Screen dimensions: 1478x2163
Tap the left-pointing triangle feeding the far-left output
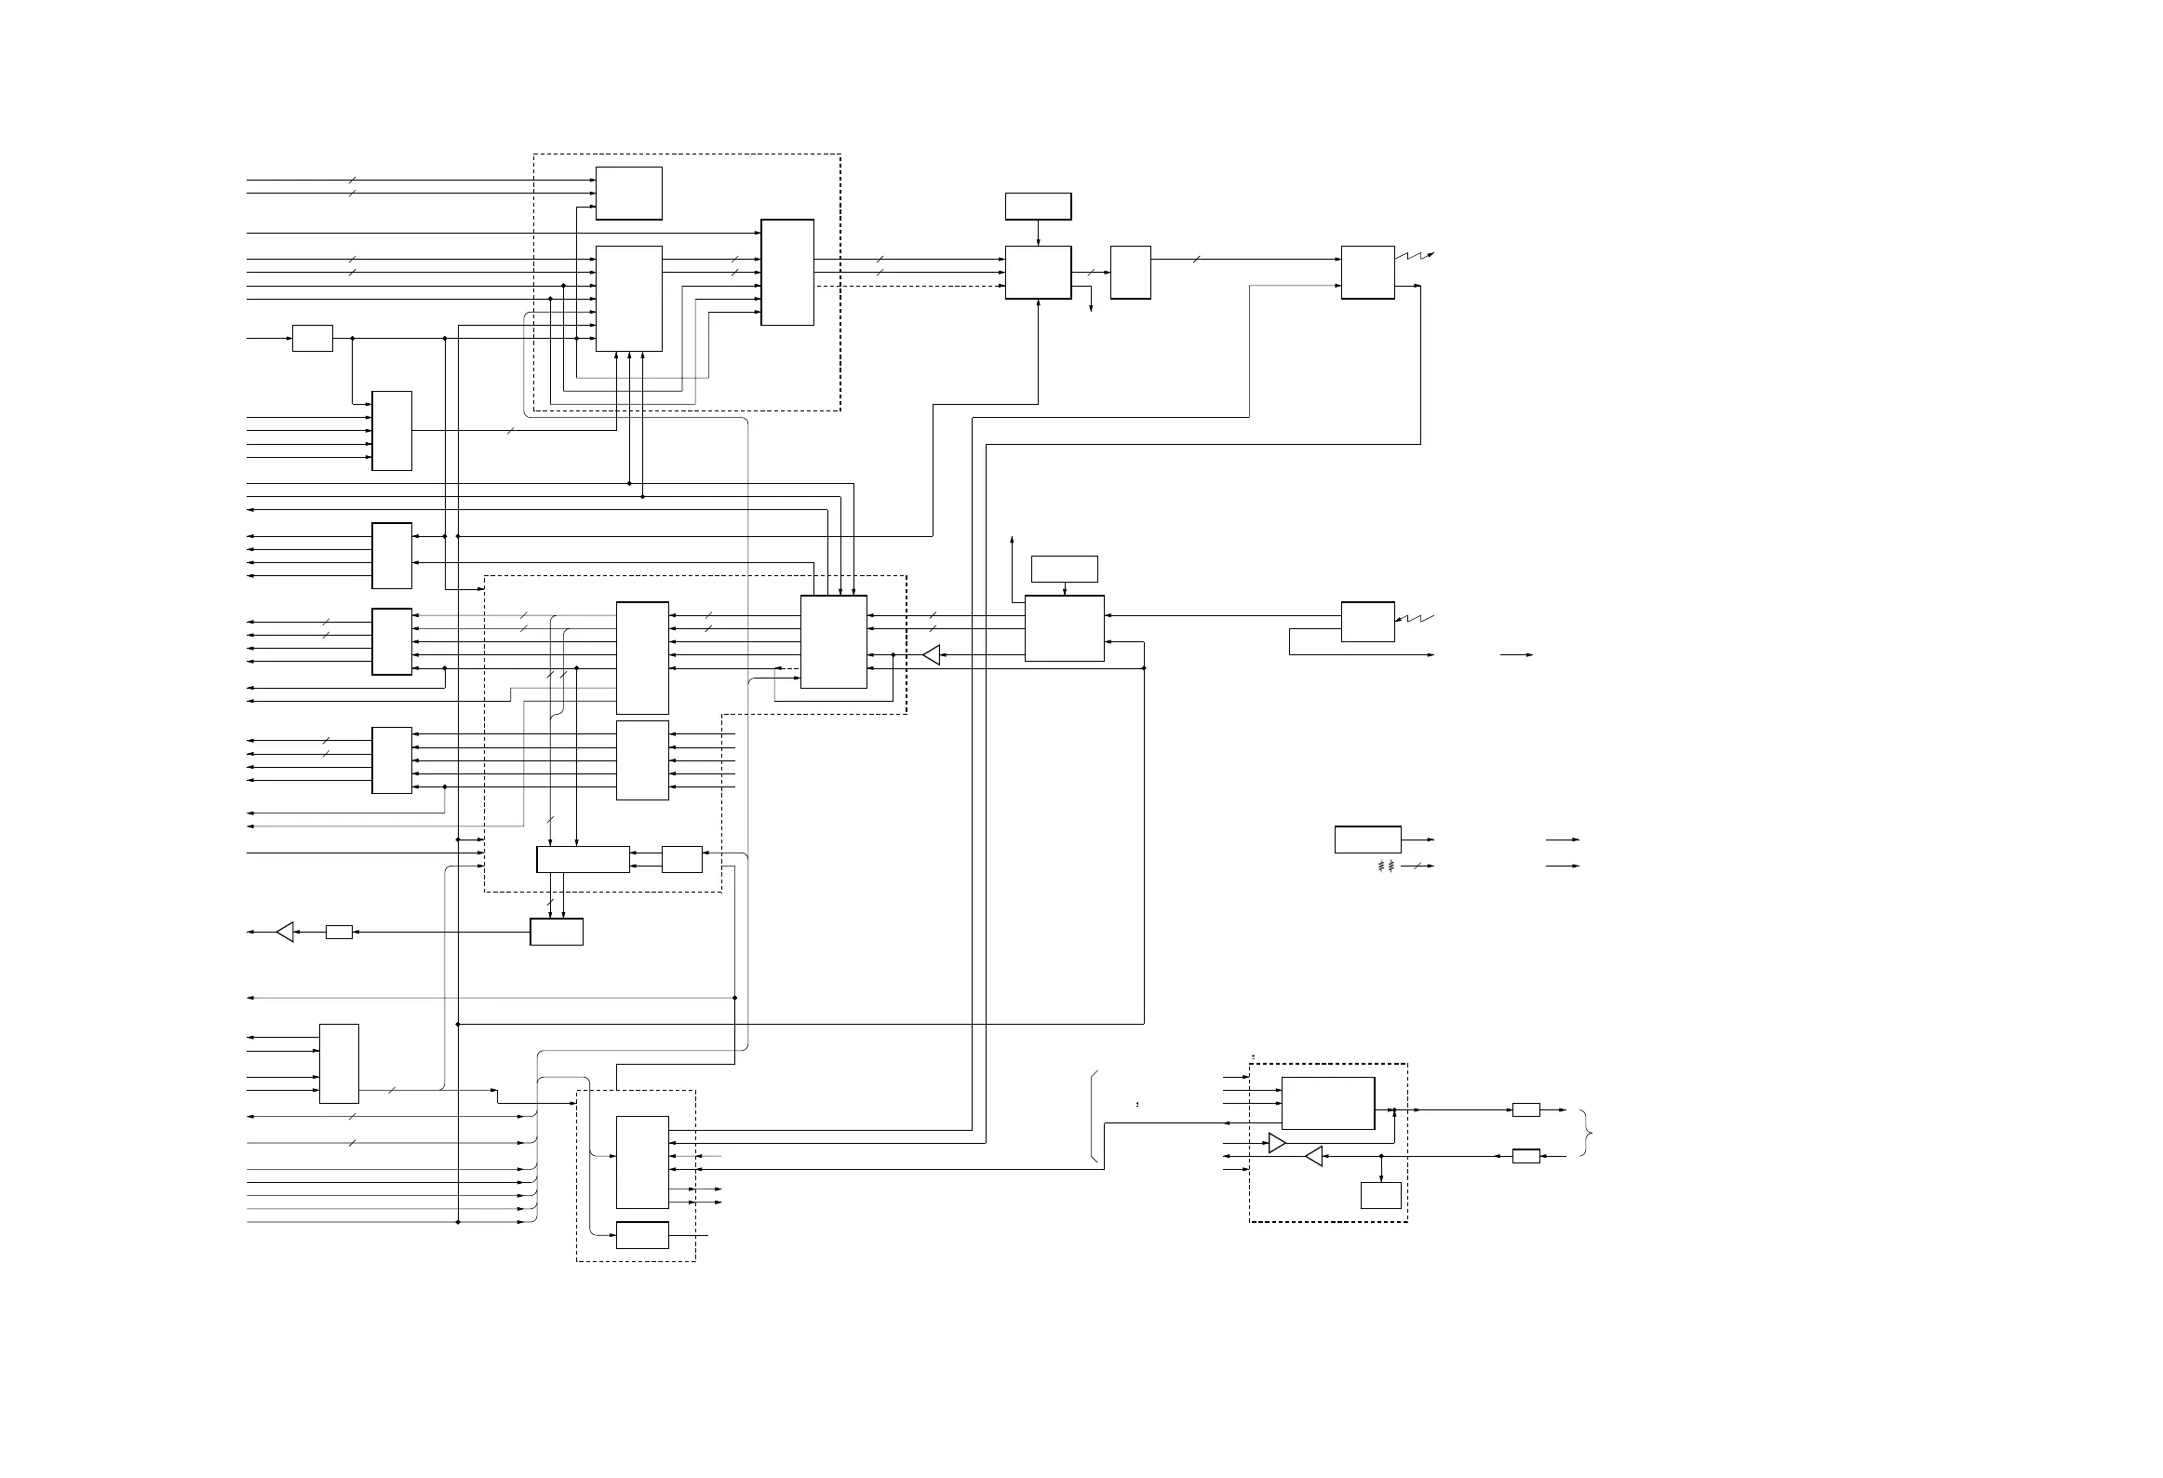pos(286,932)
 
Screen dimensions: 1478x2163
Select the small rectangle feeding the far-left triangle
pos(339,932)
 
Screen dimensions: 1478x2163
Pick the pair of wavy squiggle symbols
pos(1386,866)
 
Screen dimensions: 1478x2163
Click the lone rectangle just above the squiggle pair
pos(1367,839)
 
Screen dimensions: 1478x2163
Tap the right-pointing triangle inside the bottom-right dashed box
pos(1277,1143)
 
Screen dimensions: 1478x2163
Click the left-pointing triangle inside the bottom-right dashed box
pos(1314,1156)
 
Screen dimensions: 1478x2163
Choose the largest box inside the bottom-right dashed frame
pos(1328,1103)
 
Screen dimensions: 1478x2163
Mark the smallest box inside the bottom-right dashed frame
pos(1381,1195)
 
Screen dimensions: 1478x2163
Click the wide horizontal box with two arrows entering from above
pos(583,859)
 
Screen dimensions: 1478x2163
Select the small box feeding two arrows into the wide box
pos(682,859)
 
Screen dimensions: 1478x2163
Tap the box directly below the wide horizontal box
pos(557,932)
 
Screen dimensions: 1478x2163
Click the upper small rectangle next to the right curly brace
pos(1525,1109)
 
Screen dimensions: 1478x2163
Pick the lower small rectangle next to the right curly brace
pos(1525,1156)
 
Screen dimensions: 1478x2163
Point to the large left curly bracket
pos(1094,1117)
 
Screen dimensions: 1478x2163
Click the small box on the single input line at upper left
pos(313,338)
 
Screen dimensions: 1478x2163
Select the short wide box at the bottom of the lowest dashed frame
pos(642,1235)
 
